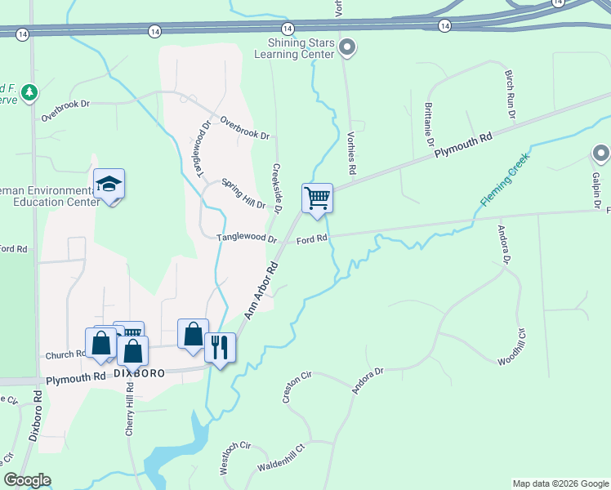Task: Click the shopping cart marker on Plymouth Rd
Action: click(316, 198)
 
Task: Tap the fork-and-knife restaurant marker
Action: click(220, 347)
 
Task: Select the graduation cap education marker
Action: click(109, 185)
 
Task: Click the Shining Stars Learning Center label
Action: click(300, 48)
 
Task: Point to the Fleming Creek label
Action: click(505, 179)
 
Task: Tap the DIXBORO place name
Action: click(140, 372)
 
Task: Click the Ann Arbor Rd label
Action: click(261, 291)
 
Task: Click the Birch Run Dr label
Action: click(511, 94)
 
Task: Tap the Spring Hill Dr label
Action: click(244, 193)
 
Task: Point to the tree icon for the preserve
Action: click(30, 92)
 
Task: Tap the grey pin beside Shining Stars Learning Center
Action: click(348, 47)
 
